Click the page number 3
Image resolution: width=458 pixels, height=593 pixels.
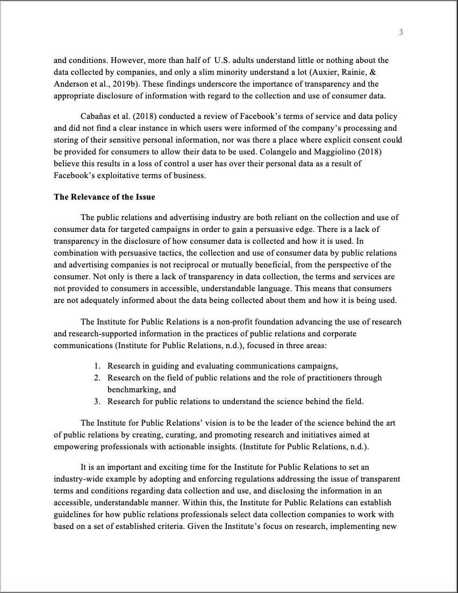click(401, 33)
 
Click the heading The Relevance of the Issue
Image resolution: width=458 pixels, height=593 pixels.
click(104, 197)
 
